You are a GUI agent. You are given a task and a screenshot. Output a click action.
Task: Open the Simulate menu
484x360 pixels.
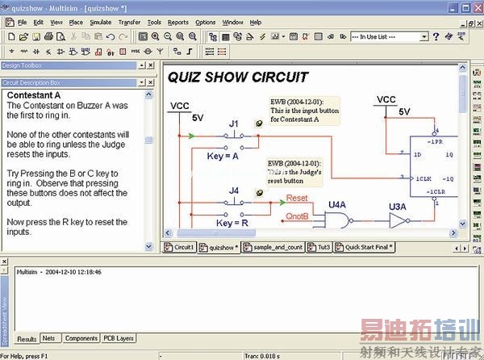point(101,23)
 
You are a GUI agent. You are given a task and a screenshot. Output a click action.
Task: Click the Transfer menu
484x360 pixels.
point(129,23)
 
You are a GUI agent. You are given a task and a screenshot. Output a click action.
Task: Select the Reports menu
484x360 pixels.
point(177,23)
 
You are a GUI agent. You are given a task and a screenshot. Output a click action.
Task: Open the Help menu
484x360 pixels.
point(256,23)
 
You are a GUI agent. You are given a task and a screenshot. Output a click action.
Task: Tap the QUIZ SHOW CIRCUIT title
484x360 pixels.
point(237,77)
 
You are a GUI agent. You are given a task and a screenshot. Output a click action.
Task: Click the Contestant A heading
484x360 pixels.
point(34,95)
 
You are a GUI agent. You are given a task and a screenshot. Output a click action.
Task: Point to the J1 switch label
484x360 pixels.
point(234,123)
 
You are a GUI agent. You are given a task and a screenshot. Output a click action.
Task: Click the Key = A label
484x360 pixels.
point(223,157)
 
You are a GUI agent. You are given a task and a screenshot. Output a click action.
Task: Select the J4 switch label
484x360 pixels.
point(234,190)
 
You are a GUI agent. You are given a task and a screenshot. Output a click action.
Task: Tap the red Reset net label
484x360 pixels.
point(297,198)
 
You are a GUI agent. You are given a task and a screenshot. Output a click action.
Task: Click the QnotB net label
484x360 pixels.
point(297,216)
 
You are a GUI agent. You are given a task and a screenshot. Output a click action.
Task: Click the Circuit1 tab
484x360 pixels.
point(180,247)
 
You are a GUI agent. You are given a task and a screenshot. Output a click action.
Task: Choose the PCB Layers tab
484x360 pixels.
point(119,338)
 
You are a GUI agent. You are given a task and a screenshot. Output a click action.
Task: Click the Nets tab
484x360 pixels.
point(49,338)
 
